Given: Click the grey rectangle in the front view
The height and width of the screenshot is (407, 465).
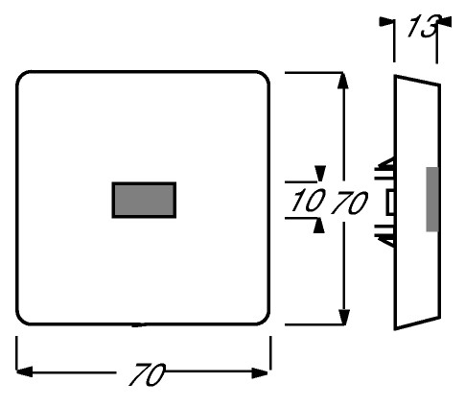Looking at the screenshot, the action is point(144,201).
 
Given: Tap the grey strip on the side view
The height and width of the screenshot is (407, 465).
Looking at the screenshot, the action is point(432,199).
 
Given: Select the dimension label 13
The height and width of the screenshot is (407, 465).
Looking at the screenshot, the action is point(422,26).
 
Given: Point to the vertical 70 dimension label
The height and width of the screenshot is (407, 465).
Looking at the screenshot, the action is point(349,203).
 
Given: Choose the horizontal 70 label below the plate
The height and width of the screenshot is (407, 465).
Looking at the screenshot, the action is point(147,374).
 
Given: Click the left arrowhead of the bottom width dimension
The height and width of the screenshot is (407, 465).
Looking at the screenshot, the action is point(25,371).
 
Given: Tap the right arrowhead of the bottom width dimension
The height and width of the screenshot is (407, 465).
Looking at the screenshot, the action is point(260,372).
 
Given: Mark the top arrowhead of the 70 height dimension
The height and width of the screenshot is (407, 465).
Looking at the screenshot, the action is point(343,80).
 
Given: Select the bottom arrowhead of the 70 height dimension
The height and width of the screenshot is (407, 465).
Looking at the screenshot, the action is point(343,317).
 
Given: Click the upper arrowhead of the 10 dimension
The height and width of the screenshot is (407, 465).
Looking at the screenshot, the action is point(319,174).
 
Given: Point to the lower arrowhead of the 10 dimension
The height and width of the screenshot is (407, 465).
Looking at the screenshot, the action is point(318,226).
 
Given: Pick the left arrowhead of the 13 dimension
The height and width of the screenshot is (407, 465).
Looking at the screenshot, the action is point(386,22).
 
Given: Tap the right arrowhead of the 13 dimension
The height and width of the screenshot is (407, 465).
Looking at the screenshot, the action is point(445,22).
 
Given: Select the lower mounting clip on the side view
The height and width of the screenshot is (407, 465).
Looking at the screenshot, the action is point(385,235).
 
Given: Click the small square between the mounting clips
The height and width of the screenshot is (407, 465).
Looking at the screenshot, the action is point(390,203).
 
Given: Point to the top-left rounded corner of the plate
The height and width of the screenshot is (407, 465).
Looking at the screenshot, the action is point(22,77).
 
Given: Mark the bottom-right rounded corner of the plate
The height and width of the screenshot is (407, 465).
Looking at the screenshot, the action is point(264,319).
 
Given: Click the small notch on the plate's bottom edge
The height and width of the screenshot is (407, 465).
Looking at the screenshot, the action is point(139,325).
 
